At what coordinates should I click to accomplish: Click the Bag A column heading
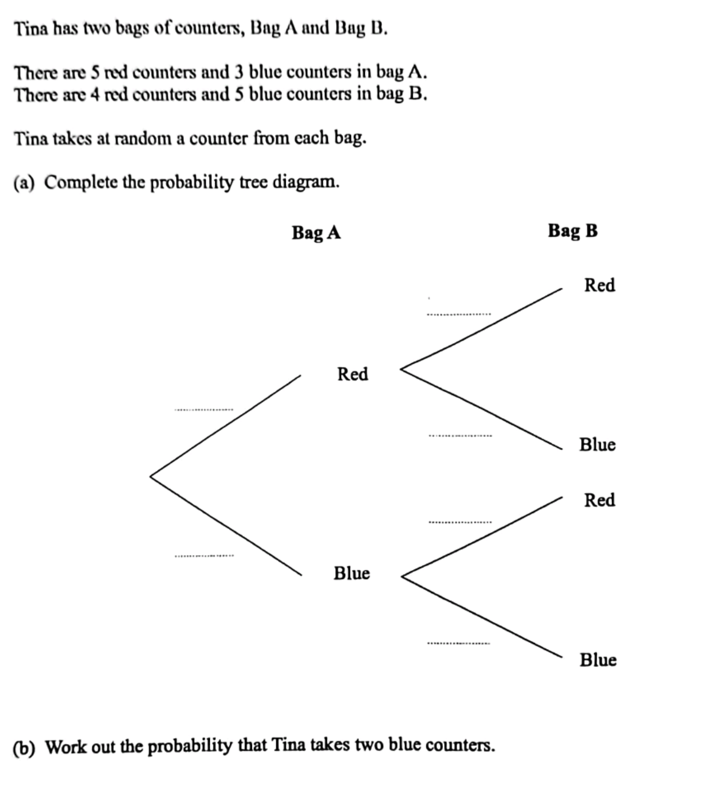click(316, 232)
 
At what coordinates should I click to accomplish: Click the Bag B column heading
click(572, 230)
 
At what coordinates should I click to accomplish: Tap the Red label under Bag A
click(352, 374)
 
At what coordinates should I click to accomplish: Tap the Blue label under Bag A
click(352, 573)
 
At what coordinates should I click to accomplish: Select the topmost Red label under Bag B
click(600, 285)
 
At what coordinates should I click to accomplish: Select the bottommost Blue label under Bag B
click(598, 659)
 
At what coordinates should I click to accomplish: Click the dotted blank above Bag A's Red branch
click(203, 409)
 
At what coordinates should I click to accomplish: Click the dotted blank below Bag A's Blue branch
click(203, 555)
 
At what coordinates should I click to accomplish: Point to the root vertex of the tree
click(151, 475)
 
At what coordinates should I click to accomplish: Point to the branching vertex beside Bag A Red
click(401, 369)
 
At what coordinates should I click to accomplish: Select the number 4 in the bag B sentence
click(94, 94)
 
